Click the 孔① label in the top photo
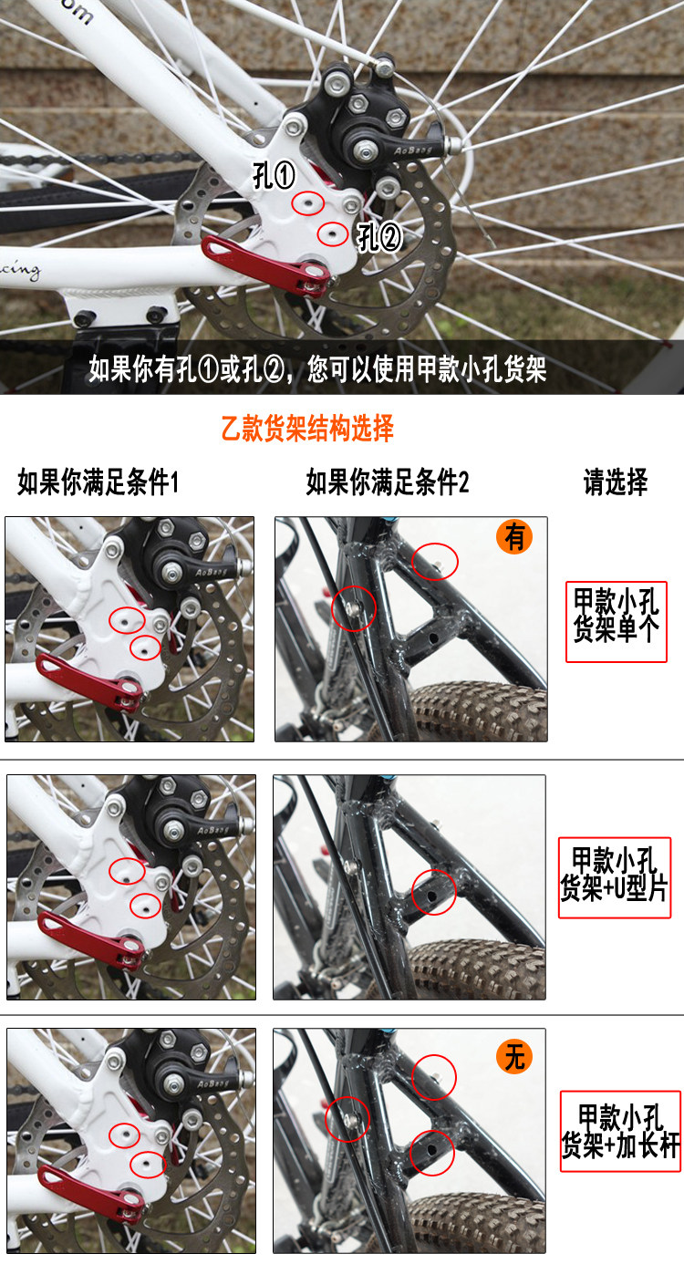click(274, 174)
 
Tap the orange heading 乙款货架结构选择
click(307, 428)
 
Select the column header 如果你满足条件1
click(98, 482)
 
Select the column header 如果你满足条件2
click(388, 482)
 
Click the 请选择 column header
click(616, 482)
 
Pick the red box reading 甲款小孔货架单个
click(617, 622)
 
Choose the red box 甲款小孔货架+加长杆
click(620, 1131)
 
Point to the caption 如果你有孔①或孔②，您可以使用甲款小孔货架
click(317, 369)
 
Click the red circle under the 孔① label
click(308, 202)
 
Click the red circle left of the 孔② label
click(333, 233)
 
